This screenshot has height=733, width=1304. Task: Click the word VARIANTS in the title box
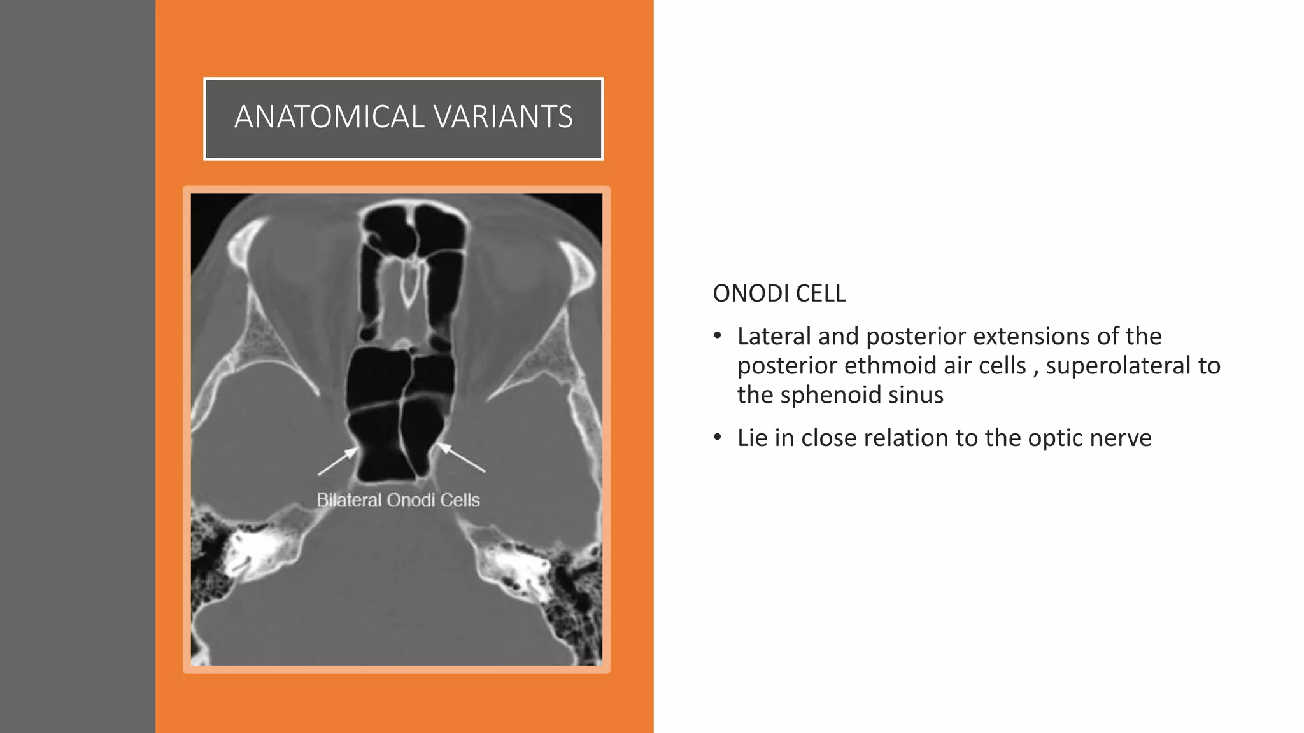pos(503,117)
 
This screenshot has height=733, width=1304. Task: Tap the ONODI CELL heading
pos(779,293)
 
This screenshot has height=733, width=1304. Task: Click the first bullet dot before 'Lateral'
pos(718,335)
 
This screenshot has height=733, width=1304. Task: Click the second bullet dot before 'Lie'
pos(718,438)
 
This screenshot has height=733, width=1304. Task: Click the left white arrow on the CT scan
pos(337,461)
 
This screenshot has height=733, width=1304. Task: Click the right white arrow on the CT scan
pos(462,457)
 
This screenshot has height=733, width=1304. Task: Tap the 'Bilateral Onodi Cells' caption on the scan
pos(398,500)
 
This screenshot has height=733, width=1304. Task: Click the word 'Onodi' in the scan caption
pos(411,500)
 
